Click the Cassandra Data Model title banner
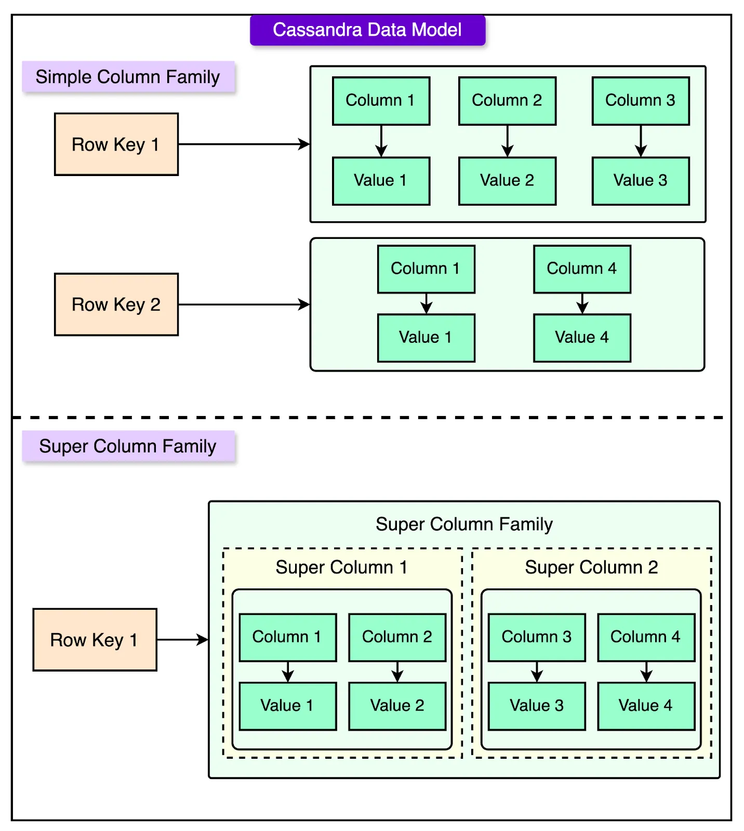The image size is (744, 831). pos(367,30)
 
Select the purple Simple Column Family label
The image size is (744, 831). pos(128,77)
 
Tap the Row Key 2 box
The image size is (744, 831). pos(116,304)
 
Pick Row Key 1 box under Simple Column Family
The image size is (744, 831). pos(116,144)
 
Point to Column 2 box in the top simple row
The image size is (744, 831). pos(507,101)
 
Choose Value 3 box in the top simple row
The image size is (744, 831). pos(641,181)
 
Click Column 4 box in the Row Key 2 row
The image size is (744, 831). pos(582,269)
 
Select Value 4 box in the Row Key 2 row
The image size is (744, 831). pos(582,338)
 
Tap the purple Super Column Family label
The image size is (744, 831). pos(128,446)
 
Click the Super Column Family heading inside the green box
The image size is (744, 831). pos(464,524)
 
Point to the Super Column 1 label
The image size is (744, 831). pos(341,567)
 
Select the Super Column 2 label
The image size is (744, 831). pos(591,567)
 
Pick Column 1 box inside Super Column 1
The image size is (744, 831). pos(287,637)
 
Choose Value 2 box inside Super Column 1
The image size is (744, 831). pos(397,706)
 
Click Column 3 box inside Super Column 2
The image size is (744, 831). pos(537,637)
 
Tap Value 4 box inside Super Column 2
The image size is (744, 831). pos(646,706)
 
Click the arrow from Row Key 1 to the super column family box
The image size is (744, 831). pos(182,640)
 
